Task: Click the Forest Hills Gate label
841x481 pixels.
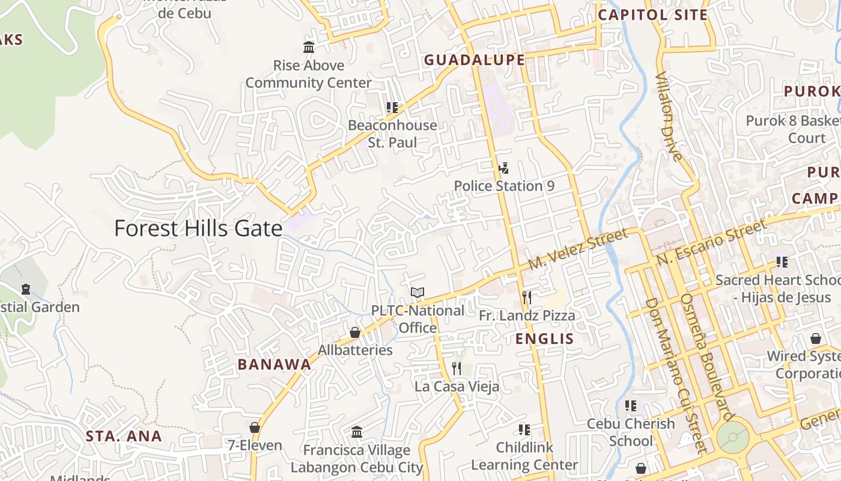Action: click(198, 228)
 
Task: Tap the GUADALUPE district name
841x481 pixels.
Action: click(475, 60)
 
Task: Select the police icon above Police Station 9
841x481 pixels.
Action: click(504, 168)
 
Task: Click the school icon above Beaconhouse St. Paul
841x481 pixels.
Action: click(392, 108)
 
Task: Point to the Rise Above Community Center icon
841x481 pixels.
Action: click(309, 47)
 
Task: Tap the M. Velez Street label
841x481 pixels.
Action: click(578, 249)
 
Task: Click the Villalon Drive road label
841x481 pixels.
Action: click(669, 117)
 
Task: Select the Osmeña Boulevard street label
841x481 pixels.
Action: click(706, 357)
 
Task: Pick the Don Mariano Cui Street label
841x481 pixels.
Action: click(675, 374)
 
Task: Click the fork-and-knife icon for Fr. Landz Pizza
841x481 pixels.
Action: click(527, 297)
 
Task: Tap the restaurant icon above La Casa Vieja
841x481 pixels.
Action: click(457, 368)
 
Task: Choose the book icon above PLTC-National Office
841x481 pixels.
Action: click(417, 293)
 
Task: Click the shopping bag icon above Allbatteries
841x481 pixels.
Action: click(355, 332)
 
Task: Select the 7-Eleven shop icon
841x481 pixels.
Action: click(255, 427)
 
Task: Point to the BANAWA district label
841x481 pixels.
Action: click(275, 364)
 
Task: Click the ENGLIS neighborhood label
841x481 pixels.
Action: click(545, 339)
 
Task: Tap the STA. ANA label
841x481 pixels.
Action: click(124, 437)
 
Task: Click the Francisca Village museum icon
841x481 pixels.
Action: click(357, 432)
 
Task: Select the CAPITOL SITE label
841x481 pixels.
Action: click(653, 15)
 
